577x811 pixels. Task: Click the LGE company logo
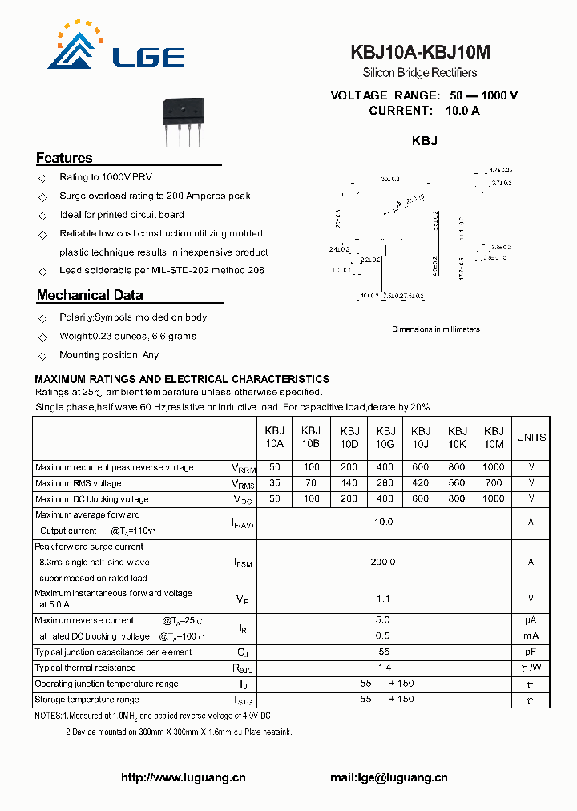[x=116, y=47]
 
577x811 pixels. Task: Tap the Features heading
[x=64, y=158]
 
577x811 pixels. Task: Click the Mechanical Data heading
[x=90, y=295]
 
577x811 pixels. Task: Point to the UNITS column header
[x=531, y=438]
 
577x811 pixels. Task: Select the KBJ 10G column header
[x=385, y=437]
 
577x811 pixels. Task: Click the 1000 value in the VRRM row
[x=494, y=467]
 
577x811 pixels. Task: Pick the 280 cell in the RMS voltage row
[x=385, y=483]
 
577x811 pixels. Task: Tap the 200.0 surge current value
[x=383, y=562]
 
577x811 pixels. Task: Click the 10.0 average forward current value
[x=383, y=522]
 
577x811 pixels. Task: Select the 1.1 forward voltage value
[x=383, y=599]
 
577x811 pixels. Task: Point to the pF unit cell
[x=531, y=652]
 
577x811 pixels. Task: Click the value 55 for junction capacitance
[x=383, y=652]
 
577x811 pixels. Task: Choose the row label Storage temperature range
[x=87, y=700]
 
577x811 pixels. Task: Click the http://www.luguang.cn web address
[x=183, y=777]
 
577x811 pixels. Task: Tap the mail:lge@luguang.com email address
[x=389, y=777]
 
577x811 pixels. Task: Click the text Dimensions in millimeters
[x=436, y=329]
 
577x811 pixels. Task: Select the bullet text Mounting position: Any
[x=109, y=355]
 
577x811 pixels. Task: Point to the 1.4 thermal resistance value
[x=383, y=668]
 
